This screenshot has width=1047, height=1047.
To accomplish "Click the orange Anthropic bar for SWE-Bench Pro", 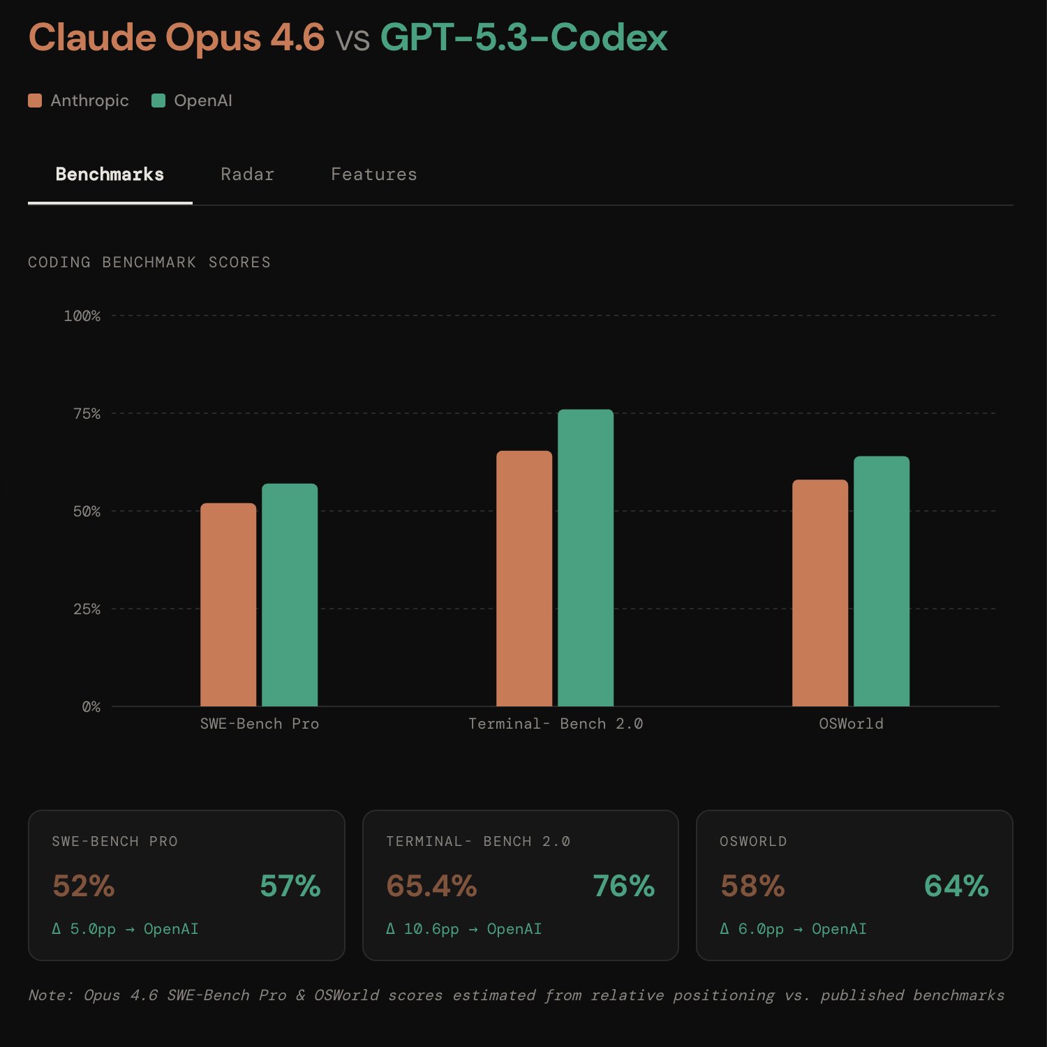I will [x=228, y=604].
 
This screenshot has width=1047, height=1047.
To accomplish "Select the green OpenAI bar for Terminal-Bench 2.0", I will [x=586, y=558].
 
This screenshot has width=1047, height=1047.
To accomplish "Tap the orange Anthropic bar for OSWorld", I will [x=820, y=593].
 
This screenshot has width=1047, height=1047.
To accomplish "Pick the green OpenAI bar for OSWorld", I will [x=882, y=581].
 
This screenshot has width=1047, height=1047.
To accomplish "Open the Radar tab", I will [x=247, y=174].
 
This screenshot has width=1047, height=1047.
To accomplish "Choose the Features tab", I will [x=373, y=174].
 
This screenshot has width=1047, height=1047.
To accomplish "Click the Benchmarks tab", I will [x=110, y=174].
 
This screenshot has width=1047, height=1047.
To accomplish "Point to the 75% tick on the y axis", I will [x=87, y=414].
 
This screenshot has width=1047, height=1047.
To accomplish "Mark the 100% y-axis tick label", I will [x=82, y=316].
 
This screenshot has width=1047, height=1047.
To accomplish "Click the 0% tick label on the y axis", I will [x=91, y=707].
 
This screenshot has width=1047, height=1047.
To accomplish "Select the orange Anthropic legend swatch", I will [x=35, y=101].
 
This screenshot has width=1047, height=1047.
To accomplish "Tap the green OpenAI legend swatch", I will [x=158, y=101].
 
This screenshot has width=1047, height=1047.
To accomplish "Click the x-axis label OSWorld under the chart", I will [x=851, y=724].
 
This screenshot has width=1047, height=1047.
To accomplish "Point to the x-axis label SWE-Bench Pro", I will [x=259, y=724].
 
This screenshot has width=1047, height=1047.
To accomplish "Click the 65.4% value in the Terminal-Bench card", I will [x=431, y=886].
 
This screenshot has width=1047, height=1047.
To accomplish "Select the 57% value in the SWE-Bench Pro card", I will [x=290, y=886].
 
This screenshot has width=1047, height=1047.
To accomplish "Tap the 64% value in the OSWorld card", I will [x=956, y=886].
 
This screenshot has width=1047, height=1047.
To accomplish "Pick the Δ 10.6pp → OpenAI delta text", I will [x=463, y=929].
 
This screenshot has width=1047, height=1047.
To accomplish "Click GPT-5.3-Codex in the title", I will [x=523, y=38].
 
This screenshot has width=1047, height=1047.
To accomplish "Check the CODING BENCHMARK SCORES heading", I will [x=149, y=262].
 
